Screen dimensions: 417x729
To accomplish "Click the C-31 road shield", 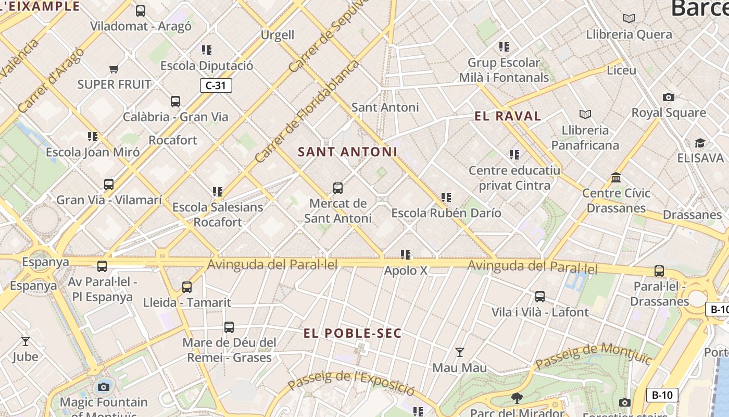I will (216, 85).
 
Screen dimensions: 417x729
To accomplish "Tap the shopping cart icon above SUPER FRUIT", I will (114, 68).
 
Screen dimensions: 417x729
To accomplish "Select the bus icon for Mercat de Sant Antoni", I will (338, 188).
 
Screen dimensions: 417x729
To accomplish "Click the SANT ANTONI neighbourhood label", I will (347, 152).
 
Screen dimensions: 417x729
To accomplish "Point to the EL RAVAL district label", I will (508, 116).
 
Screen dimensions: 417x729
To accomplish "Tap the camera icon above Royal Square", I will (669, 97).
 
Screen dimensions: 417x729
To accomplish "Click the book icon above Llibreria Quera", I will (629, 19).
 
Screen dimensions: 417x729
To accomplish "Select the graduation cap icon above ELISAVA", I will (700, 143).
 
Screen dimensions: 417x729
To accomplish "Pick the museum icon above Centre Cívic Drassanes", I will (617, 178).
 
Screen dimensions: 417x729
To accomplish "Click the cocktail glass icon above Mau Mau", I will (459, 353).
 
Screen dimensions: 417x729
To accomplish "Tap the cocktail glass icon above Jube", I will (25, 341).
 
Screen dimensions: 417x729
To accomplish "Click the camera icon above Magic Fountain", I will (104, 387).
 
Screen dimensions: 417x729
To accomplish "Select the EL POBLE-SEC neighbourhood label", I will (353, 334).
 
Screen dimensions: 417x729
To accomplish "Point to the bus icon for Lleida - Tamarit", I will (187, 287).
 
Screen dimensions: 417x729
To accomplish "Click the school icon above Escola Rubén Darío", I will (446, 198).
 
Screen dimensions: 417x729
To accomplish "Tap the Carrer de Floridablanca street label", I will (307, 112).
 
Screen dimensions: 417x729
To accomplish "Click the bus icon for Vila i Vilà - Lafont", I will (540, 297).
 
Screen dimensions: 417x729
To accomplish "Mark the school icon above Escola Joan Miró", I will (93, 137).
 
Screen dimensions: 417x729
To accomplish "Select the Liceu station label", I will (622, 70).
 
